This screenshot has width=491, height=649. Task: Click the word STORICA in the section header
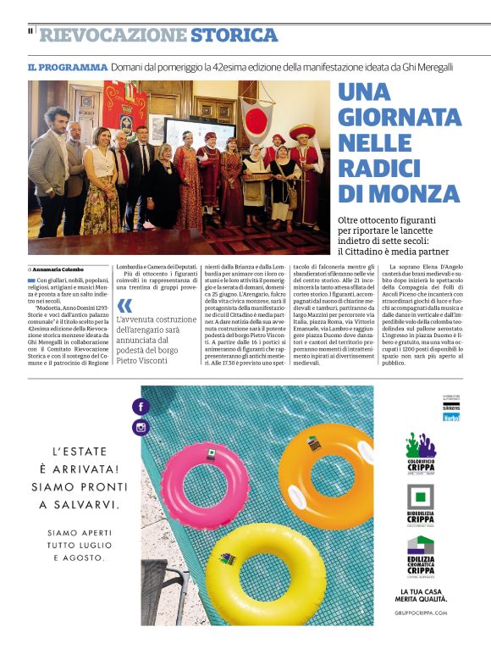click(x=234, y=36)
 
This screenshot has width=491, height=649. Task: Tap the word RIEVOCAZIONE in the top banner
click(x=113, y=36)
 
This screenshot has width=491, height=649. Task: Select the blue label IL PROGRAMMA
click(x=67, y=67)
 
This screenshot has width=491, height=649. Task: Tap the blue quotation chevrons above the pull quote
click(x=125, y=305)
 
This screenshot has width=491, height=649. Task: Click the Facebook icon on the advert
click(x=141, y=407)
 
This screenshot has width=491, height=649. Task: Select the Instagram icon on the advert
click(x=141, y=428)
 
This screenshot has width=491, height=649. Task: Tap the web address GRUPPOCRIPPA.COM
click(x=421, y=612)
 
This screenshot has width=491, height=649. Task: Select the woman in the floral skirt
click(x=101, y=193)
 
